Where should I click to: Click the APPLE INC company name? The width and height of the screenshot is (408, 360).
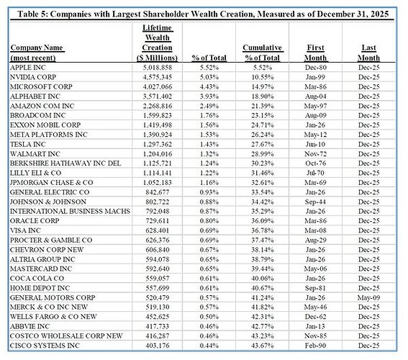(x=28, y=68)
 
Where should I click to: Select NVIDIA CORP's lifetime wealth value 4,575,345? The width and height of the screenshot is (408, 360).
(x=158, y=77)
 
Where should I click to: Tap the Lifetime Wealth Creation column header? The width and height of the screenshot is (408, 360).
(x=158, y=42)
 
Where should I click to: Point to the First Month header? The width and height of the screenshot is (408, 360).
(x=315, y=53)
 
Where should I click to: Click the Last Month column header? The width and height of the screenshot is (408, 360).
(x=368, y=53)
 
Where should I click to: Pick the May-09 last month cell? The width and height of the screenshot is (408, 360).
(x=368, y=297)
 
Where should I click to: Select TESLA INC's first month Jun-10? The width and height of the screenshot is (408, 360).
(x=315, y=144)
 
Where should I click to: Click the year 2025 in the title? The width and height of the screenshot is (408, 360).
(x=379, y=14)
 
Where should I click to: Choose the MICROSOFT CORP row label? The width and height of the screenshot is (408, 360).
(x=41, y=86)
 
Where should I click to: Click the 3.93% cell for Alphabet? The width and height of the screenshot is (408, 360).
(x=209, y=96)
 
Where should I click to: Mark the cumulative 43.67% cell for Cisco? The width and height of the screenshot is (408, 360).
(x=262, y=346)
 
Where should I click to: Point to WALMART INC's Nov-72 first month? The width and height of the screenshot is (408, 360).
(x=315, y=154)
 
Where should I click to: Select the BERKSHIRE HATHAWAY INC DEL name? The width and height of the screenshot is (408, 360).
(x=65, y=163)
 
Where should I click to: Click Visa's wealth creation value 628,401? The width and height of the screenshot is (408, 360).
(x=158, y=230)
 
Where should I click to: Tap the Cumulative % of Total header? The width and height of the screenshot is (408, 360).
(x=262, y=53)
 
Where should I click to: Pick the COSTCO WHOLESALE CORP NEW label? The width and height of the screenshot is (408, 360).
(x=66, y=336)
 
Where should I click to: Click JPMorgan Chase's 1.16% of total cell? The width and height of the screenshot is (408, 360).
(x=209, y=182)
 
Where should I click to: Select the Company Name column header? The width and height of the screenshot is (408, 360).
(x=37, y=53)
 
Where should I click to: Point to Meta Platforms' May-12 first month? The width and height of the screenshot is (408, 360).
(x=315, y=135)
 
